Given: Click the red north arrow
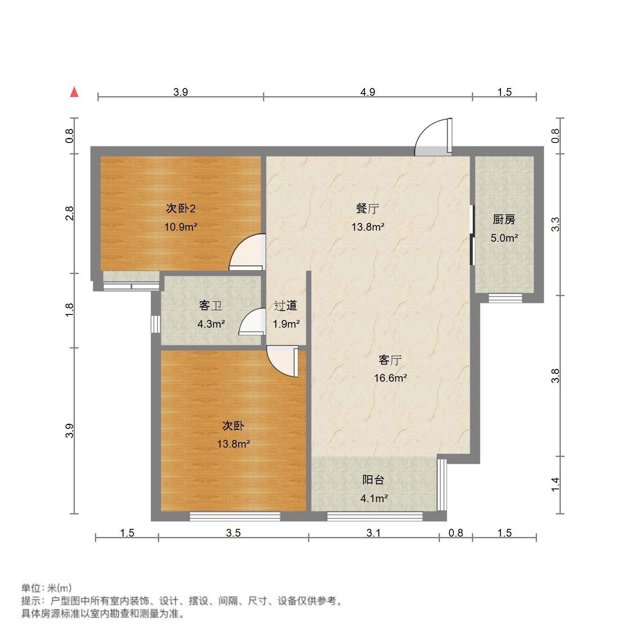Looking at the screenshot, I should click(x=74, y=92).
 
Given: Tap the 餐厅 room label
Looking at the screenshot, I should click(x=368, y=208).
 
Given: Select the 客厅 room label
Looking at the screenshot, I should click(x=390, y=360).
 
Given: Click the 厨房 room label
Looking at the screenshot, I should click(x=504, y=220).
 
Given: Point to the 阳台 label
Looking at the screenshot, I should click(x=373, y=480).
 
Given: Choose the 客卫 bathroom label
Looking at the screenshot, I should click(x=211, y=306).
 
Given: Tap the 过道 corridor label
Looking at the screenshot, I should click(x=286, y=306).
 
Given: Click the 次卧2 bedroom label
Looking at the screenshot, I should click(x=181, y=208).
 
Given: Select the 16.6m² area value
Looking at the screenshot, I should click(x=390, y=378).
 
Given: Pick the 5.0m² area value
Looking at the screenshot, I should click(x=504, y=238).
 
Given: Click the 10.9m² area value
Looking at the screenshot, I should click(x=181, y=227).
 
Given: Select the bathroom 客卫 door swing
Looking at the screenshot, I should click(x=252, y=323).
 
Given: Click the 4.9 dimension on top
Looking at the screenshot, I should click(x=368, y=92).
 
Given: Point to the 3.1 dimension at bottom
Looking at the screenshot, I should click(x=373, y=533).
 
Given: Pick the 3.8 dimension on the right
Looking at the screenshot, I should click(x=555, y=376).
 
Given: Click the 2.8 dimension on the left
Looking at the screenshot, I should click(x=69, y=213).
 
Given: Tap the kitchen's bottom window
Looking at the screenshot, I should click(x=505, y=298).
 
